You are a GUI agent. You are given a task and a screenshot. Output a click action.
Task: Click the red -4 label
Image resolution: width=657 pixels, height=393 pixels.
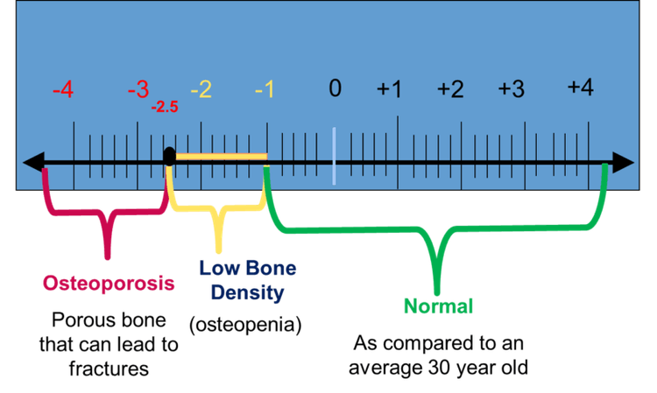click(62, 90)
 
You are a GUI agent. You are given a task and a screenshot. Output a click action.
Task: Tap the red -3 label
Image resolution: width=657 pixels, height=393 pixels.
click(138, 90)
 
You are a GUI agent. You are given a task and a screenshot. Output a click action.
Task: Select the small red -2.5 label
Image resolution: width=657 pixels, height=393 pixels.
click(164, 108)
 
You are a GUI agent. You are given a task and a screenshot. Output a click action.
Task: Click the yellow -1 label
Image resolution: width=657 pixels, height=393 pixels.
click(264, 90)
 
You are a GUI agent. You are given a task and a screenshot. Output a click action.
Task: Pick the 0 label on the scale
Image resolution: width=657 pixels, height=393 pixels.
click(335, 88)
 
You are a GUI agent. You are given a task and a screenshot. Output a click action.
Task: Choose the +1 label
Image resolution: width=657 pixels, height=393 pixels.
click(389, 89)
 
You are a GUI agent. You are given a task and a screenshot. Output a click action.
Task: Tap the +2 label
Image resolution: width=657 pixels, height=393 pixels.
click(450, 89)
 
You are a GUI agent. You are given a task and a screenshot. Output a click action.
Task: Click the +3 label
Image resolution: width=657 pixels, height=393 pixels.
click(511, 89)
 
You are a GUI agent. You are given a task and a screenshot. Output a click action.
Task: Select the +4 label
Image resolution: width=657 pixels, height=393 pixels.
click(580, 88)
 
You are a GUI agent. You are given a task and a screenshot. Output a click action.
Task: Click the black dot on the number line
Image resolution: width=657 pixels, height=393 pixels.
click(170, 156)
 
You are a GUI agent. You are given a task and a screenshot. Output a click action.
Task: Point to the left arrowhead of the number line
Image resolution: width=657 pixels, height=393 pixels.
click(33, 162)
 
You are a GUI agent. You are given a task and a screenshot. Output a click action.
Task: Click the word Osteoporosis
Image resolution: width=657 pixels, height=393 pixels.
click(108, 284)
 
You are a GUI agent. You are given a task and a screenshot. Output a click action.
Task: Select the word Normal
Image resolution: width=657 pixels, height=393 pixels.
click(438, 307)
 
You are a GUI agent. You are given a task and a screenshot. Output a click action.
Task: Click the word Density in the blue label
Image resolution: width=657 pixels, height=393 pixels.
click(242, 292)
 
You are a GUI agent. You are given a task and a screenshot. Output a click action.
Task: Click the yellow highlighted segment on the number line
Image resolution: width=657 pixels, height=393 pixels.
click(219, 157)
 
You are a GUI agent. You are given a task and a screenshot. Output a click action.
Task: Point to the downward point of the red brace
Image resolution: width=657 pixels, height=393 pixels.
click(107, 256)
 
